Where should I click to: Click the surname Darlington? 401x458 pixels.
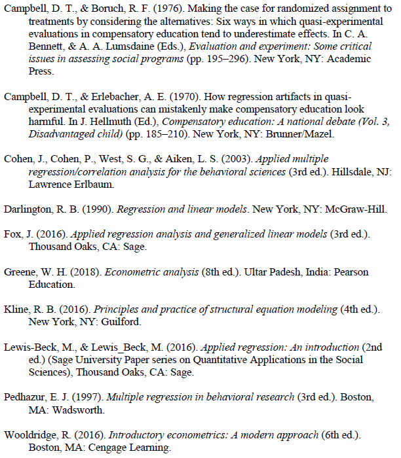click(x=28, y=209)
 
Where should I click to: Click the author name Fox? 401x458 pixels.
click(x=13, y=235)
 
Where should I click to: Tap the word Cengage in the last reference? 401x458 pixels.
click(x=98, y=448)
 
